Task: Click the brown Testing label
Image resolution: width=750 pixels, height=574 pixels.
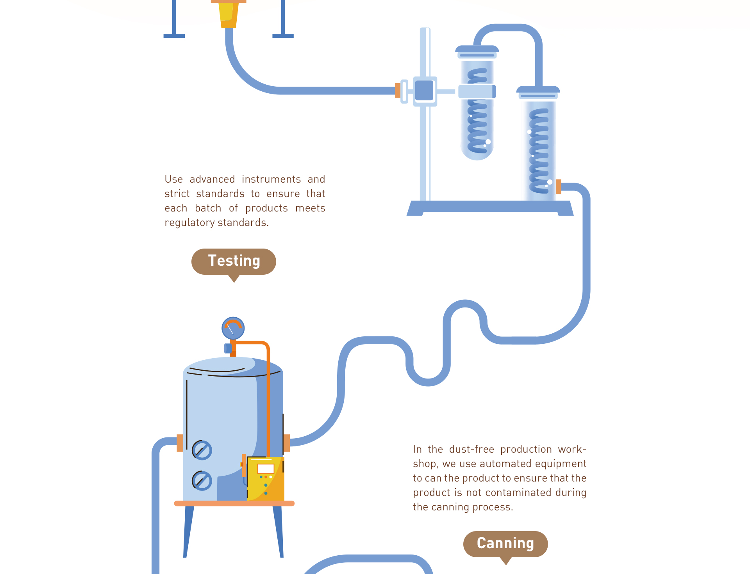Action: click(x=234, y=261)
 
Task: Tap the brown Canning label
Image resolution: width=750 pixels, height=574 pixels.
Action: click(x=505, y=544)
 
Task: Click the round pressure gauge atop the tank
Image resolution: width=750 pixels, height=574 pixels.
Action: click(x=233, y=328)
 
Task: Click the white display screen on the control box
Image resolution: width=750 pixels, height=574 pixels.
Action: click(x=266, y=469)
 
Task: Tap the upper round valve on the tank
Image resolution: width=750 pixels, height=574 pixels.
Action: click(x=202, y=450)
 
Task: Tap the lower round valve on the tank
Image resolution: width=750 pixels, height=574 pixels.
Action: click(x=202, y=480)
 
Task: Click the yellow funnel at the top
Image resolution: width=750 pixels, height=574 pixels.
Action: click(x=229, y=14)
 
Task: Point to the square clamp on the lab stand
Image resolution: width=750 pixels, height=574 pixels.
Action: click(x=424, y=91)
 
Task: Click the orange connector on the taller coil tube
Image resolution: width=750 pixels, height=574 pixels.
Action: click(x=558, y=187)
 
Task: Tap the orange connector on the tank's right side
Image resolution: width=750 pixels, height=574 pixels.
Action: click(x=287, y=443)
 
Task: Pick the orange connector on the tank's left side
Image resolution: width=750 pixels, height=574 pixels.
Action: click(x=180, y=443)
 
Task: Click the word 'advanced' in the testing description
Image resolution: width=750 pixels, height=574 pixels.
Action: click(x=212, y=179)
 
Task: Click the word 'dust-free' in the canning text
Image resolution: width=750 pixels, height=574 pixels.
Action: click(x=471, y=449)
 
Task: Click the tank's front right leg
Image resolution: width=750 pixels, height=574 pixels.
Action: click(x=278, y=531)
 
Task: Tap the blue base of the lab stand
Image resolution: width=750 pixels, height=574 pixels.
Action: click(x=490, y=207)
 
